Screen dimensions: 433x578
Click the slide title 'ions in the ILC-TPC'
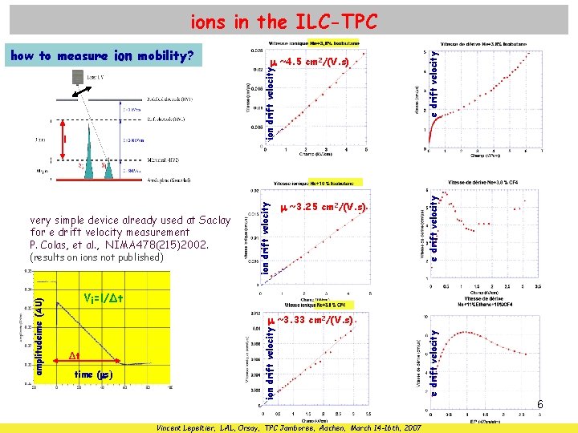[x=283, y=21]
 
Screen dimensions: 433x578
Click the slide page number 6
[x=540, y=406]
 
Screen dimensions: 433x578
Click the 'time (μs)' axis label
[x=93, y=374]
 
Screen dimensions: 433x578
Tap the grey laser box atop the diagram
[x=76, y=77]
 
